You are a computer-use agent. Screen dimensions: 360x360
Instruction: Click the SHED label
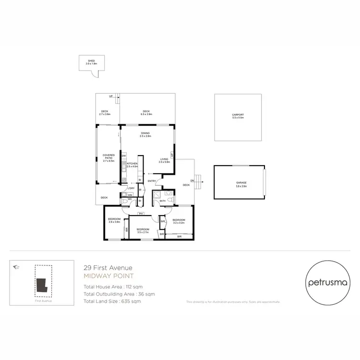[x=91, y=61]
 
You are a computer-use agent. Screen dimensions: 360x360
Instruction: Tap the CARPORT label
[x=238, y=115]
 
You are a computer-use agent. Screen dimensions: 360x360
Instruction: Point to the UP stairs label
[x=111, y=96]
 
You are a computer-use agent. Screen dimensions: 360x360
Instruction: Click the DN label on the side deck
[x=192, y=180]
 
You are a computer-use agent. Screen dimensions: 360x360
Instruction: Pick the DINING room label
[x=145, y=133]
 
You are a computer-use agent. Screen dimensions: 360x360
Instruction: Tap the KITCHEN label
[x=132, y=164]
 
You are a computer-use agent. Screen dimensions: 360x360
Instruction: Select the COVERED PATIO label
[x=108, y=156]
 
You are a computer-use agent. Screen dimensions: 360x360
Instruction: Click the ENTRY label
[x=152, y=181]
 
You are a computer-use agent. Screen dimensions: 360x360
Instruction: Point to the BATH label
[x=162, y=201]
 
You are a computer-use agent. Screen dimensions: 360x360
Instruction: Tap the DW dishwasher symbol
[x=123, y=156]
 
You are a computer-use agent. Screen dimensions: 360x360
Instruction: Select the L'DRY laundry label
[x=131, y=188]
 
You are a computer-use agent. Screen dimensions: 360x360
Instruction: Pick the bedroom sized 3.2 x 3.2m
[x=179, y=221]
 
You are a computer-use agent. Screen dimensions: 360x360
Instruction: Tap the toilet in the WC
[x=125, y=203]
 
